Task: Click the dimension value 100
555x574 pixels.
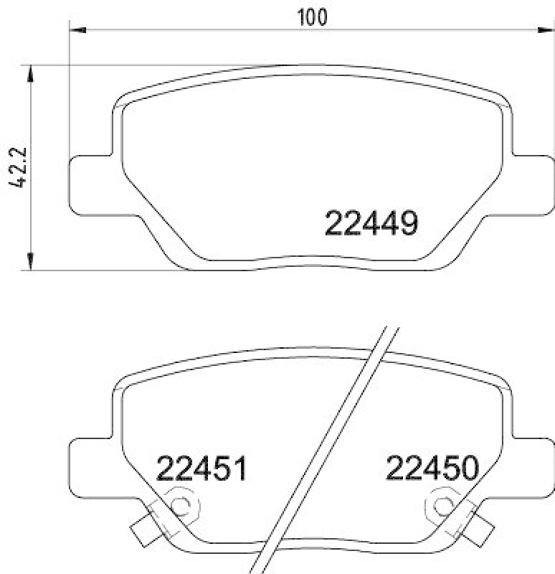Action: (x=312, y=17)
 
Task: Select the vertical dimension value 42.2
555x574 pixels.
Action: (x=19, y=167)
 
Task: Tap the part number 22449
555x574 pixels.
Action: (x=371, y=225)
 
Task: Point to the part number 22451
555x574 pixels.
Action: (x=201, y=470)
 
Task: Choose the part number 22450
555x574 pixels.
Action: (x=432, y=470)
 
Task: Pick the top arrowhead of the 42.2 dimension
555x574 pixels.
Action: (x=30, y=72)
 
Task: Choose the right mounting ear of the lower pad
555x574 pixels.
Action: (x=533, y=463)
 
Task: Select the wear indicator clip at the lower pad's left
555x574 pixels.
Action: (x=147, y=528)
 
